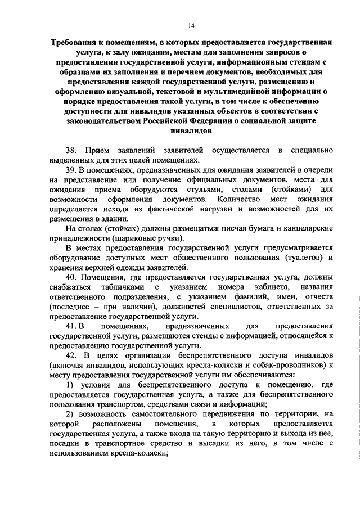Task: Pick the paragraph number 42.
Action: point(71,357)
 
